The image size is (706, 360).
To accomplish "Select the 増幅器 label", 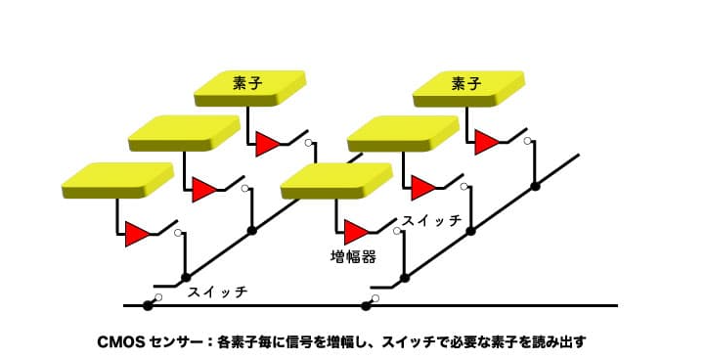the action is (x=353, y=256).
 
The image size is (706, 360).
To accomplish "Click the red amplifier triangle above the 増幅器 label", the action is (x=357, y=232).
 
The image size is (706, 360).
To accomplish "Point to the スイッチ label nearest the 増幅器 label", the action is (x=431, y=220).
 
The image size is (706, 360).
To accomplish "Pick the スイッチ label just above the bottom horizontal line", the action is (x=217, y=292).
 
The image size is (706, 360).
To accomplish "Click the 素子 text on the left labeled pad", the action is (x=247, y=83).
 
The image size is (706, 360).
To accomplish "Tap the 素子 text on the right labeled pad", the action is (x=466, y=83).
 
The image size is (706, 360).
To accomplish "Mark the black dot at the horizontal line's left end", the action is (x=148, y=306).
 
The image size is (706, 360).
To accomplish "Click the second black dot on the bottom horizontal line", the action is (x=366, y=306).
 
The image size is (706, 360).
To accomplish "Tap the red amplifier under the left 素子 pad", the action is (x=268, y=144).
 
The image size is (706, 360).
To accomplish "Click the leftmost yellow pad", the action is (x=117, y=180).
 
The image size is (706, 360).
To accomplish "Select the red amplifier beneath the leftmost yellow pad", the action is (x=137, y=234).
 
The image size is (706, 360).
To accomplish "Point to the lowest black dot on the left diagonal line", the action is (x=186, y=278).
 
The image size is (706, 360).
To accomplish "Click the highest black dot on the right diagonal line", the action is (x=535, y=186).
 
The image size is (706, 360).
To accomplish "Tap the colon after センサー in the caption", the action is (x=209, y=342).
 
